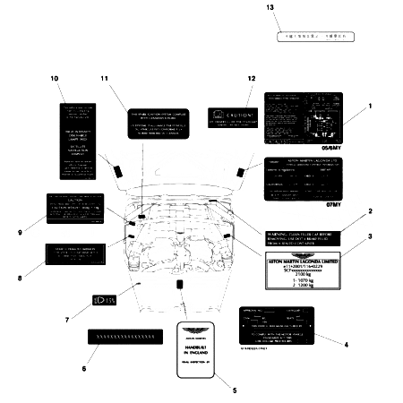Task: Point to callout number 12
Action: pyautogui.click(x=251, y=79)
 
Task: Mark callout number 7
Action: pyautogui.click(x=67, y=319)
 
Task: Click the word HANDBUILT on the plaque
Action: pyautogui.click(x=210, y=347)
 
